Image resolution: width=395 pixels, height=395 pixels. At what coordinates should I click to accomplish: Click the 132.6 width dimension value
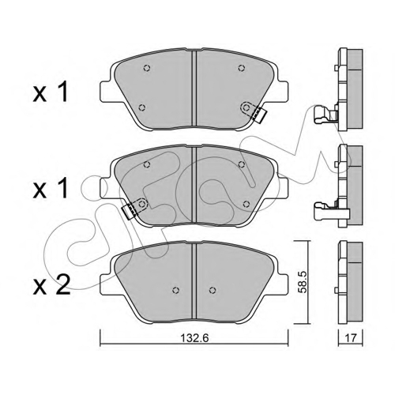pyautogui.click(x=194, y=338)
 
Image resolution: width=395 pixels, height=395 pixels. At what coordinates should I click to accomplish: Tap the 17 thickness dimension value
pyautogui.click(x=350, y=337)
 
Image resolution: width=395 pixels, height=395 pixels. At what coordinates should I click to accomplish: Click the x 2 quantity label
pyautogui.click(x=51, y=284)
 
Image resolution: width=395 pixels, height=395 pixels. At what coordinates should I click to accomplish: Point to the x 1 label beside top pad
pyautogui.click(x=51, y=92)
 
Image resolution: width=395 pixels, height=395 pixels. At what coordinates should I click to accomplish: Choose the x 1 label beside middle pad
pyautogui.click(x=51, y=188)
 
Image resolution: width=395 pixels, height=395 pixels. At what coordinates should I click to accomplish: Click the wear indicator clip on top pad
pyautogui.click(x=259, y=115)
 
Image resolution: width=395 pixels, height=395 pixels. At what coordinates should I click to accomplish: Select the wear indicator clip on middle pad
pyautogui.click(x=130, y=212)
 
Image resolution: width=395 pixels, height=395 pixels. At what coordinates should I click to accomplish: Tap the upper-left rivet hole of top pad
pyautogui.click(x=147, y=68)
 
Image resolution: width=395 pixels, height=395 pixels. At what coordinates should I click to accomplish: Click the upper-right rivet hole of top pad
pyautogui.click(x=241, y=68)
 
